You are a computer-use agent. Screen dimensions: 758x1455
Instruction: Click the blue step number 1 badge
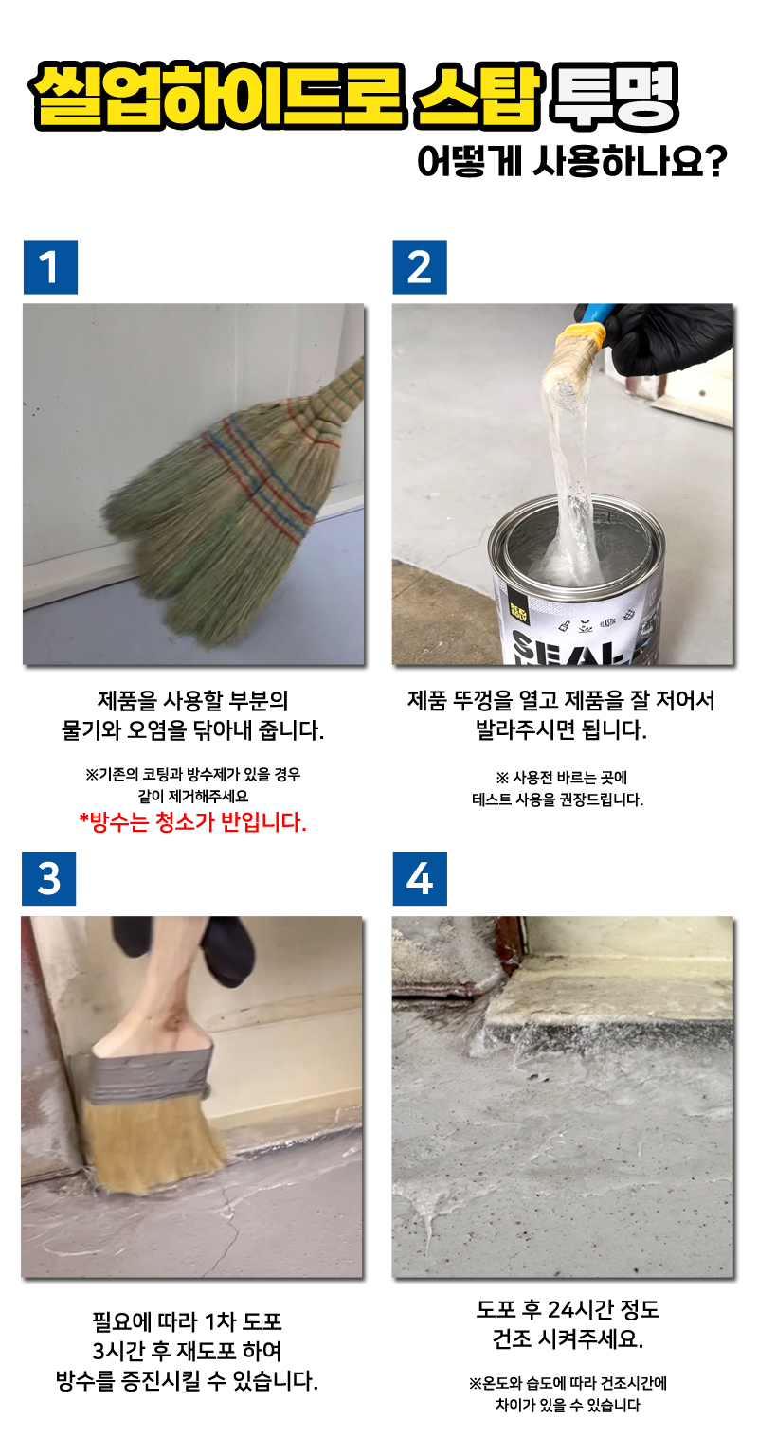coord(50,267)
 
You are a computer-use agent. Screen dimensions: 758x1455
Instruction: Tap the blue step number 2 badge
coord(420,267)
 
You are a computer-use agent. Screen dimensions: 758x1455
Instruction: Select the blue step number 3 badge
coord(48,878)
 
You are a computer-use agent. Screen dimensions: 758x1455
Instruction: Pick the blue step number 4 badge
coord(420,878)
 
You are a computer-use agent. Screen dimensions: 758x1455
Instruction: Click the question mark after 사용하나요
coord(715,160)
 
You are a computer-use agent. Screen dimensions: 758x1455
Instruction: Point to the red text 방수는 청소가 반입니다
coord(193,821)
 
